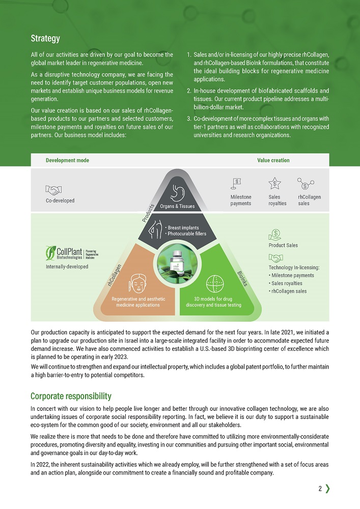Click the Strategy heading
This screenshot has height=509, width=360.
[x=45, y=38]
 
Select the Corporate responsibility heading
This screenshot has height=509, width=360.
[x=71, y=396]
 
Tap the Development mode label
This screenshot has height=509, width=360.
[x=67, y=160]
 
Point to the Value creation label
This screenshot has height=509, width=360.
[x=273, y=160]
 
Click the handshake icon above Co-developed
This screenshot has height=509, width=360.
[x=53, y=190]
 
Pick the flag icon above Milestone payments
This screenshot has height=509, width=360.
[x=237, y=182]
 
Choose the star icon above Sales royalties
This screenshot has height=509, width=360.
[x=274, y=183]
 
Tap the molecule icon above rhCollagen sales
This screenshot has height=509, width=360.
[x=306, y=183]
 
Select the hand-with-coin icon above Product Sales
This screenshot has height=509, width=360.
[x=275, y=235]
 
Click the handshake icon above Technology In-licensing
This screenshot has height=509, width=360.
[x=275, y=258]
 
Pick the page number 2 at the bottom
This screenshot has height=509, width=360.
[x=320, y=489]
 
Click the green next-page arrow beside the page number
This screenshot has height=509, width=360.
[x=327, y=489]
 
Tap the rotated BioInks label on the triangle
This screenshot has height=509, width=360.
[x=242, y=278]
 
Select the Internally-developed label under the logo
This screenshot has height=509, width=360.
[x=67, y=267]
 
